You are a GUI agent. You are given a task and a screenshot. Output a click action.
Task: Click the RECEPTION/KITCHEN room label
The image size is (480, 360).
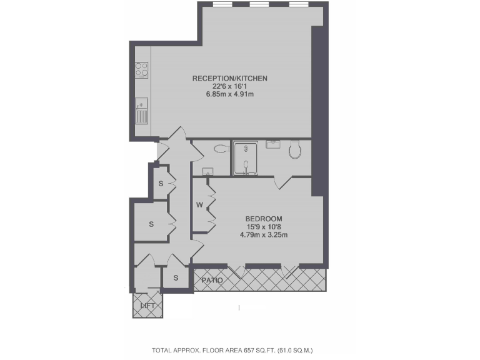coord(229,78)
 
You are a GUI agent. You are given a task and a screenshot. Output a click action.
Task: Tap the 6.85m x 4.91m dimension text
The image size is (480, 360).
coord(229,94)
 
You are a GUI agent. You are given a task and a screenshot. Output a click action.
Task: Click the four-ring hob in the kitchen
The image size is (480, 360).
coord(142,69)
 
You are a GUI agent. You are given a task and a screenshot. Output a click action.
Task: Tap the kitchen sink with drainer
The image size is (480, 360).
coord(142,111)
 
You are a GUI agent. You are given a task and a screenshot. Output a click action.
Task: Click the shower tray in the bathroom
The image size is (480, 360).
coord(248,157)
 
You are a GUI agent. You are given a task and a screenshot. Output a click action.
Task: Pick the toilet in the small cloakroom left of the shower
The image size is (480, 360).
coord(219,149)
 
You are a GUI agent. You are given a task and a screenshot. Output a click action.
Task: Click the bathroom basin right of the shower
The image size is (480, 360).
coord(273,144)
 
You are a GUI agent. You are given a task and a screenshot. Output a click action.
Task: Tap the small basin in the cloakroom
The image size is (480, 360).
coord(209,171)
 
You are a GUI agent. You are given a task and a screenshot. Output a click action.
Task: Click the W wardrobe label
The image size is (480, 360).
coord(199,205)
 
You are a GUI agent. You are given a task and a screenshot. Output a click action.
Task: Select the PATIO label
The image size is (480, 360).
coord(212,281)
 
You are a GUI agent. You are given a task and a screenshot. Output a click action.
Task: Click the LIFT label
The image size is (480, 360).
coord(148,306)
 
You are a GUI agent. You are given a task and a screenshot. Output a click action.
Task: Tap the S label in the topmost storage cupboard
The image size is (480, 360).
coord(161,184)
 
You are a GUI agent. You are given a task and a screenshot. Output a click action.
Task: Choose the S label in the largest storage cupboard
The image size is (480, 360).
coord(151,223)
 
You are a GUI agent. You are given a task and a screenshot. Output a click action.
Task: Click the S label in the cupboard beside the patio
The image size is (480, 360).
coord(176,277)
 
